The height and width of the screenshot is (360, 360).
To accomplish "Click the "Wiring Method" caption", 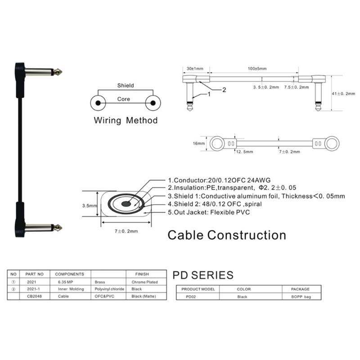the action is click(x=126, y=120).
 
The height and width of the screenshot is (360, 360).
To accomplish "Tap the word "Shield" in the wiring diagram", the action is click(x=126, y=85).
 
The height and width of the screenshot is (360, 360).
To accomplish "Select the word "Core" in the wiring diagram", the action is click(x=123, y=99).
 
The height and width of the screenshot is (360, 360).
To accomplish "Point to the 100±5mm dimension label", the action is click(x=257, y=69).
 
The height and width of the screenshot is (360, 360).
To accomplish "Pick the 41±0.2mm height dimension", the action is click(x=343, y=94).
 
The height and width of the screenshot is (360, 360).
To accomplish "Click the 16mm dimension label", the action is click(x=198, y=144).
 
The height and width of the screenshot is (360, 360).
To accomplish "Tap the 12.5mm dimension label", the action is click(x=244, y=152).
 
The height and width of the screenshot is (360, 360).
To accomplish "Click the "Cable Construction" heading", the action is click(x=227, y=235).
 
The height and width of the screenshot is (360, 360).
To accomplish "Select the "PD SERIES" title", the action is click(x=203, y=275).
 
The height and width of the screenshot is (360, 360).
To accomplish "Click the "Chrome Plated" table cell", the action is click(x=144, y=282).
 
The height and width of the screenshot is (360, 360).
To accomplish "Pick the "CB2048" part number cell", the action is click(x=35, y=296).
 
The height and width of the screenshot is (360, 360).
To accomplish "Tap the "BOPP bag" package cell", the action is click(x=301, y=297).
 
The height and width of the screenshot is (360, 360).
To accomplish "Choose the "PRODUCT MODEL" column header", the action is click(x=198, y=289).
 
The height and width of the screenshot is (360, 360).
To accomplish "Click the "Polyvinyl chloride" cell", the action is click(x=109, y=289).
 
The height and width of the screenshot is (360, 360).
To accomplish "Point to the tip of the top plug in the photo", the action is click(x=62, y=72).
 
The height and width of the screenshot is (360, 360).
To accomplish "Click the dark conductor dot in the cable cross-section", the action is click(x=126, y=204).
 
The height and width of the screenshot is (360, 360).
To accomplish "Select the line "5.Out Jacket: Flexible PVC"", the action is click(x=209, y=212).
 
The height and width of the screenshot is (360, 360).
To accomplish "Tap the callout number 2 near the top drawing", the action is click(x=224, y=90).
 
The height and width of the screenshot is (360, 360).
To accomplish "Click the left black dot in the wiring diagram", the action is click(x=98, y=103).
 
